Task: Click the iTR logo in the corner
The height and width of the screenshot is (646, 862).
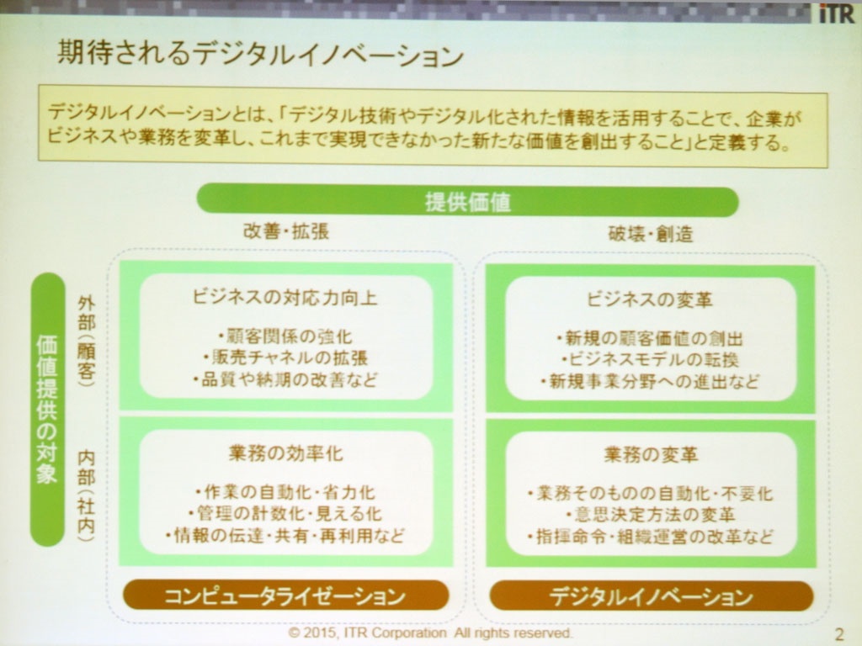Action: point(837,13)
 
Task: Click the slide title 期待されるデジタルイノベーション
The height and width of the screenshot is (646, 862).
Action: point(261,55)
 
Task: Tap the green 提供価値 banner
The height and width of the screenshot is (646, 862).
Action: point(467,201)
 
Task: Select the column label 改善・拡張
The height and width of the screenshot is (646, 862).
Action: point(286,231)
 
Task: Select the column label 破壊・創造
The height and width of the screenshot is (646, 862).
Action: point(651,234)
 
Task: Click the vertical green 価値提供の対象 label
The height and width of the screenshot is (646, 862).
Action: point(47,410)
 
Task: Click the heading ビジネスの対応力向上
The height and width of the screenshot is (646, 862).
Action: point(285,298)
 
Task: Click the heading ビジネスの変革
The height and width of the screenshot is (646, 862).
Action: point(650,299)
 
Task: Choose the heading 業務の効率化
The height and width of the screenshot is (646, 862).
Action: point(285,453)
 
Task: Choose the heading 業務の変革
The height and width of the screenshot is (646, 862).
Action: point(651,455)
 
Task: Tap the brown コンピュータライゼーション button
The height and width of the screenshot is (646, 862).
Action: point(285,596)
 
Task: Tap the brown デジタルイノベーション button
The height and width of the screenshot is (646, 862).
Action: point(652,597)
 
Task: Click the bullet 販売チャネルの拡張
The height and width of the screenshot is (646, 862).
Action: point(285,358)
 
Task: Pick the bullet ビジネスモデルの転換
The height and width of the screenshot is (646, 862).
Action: point(651,360)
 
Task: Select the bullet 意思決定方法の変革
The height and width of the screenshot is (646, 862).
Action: point(651,515)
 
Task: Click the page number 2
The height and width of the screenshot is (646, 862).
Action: point(839,634)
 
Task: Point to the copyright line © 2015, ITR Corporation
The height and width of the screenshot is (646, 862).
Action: point(430,633)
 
